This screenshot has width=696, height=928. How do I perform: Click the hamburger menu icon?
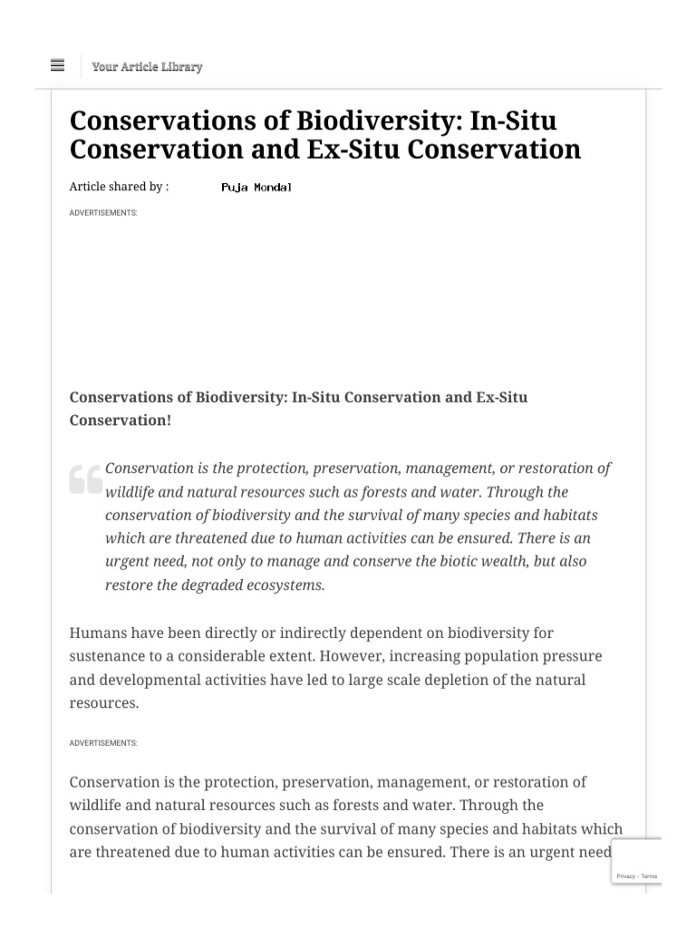coord(58,65)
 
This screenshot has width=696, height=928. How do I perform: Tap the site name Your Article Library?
coord(147,66)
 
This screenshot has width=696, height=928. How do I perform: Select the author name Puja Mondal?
coord(256,188)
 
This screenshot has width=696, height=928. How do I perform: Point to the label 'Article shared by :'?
coord(119,187)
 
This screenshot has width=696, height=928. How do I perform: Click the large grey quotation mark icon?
coord(85,478)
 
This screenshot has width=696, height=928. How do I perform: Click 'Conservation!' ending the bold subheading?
coord(120,420)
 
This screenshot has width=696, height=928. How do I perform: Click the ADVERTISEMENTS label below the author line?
coord(103,213)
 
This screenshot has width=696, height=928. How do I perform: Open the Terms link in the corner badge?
coord(650,876)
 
